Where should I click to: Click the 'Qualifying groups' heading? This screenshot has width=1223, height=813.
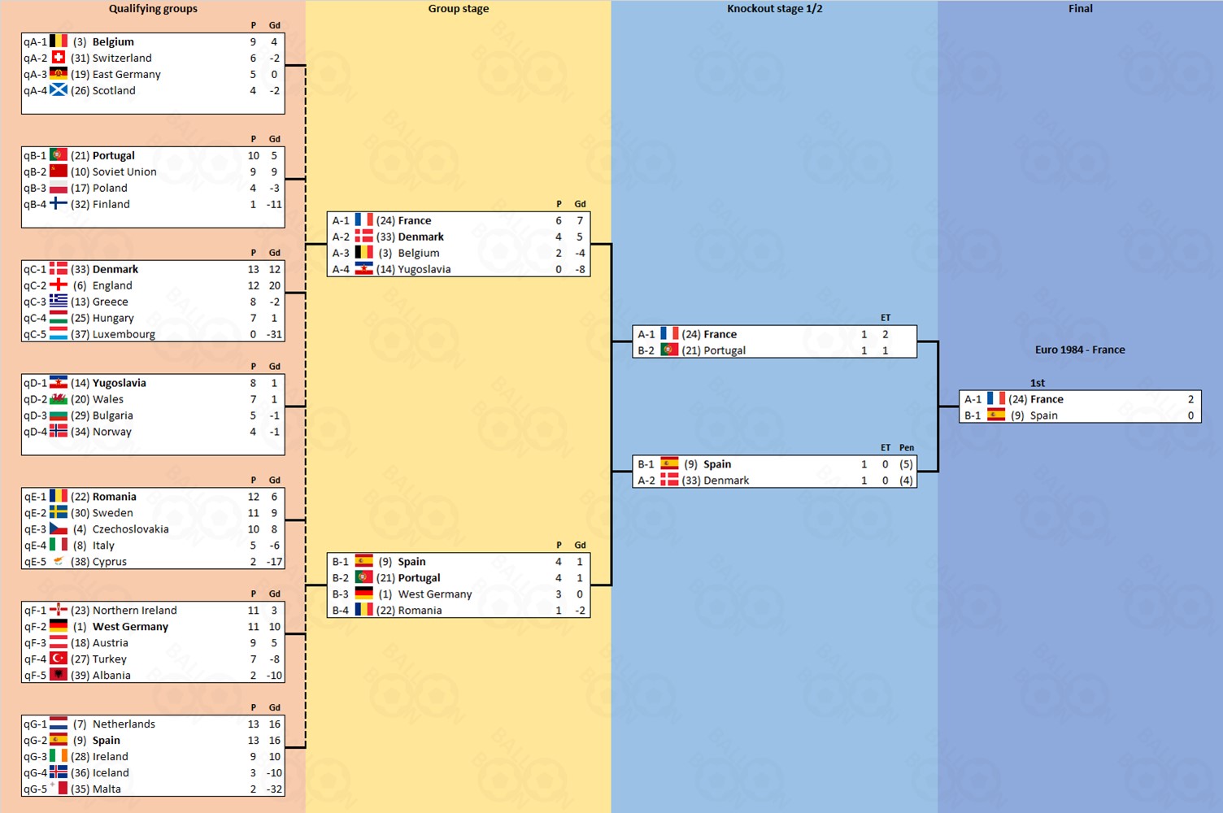(x=153, y=9)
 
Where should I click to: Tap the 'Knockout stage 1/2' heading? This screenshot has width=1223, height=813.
(x=774, y=9)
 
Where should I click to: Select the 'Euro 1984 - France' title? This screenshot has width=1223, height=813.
(x=1080, y=350)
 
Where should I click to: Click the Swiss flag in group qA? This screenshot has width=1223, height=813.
(x=59, y=58)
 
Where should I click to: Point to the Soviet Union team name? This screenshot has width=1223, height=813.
(x=124, y=172)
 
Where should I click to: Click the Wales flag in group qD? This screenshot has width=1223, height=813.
(x=59, y=399)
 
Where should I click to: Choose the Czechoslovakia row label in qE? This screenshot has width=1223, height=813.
(x=35, y=529)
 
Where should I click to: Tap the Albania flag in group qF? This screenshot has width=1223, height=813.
(x=59, y=675)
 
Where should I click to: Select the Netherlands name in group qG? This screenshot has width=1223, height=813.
(x=124, y=724)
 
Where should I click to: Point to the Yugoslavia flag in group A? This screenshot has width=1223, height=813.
(x=364, y=269)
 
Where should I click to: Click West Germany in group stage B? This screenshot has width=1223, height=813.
(x=435, y=594)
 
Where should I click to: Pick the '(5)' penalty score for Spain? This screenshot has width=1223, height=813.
(x=906, y=464)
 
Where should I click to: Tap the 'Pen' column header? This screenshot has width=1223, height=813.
(x=907, y=448)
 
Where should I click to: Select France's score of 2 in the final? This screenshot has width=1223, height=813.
(x=1190, y=399)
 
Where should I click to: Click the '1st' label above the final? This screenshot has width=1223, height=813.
(x=1038, y=383)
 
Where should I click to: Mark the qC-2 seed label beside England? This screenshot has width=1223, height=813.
(x=35, y=285)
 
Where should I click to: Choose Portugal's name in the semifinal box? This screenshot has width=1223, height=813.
(x=725, y=350)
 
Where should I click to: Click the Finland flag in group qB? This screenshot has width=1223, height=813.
(x=59, y=204)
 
